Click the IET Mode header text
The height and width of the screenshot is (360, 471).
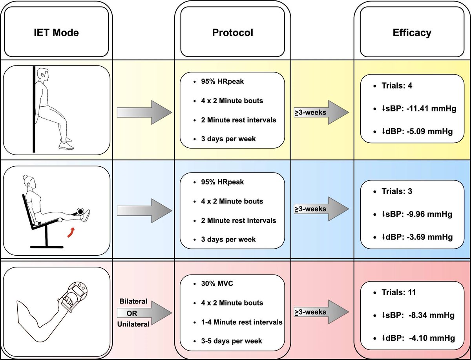56,32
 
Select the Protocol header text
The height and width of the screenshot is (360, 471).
232,32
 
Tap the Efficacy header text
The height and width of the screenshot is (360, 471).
412,32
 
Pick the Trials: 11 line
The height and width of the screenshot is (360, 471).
399,292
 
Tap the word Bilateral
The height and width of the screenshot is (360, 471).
133,302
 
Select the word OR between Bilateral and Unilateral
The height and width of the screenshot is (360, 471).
133,313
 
